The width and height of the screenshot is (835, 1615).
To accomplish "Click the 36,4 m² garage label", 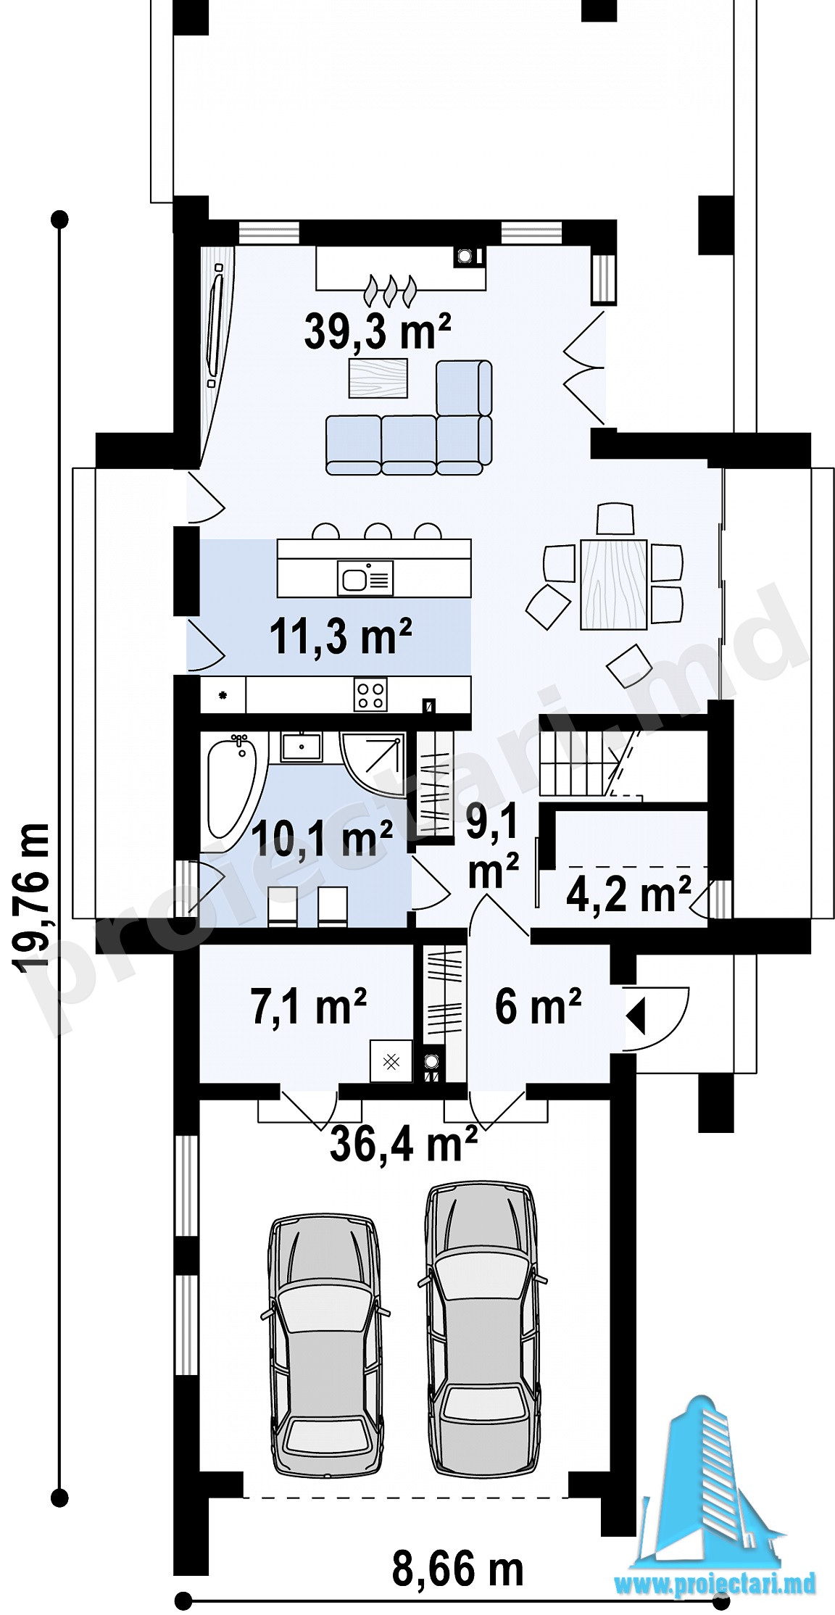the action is tap(403, 1144).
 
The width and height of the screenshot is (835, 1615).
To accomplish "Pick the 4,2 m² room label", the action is tap(628, 895).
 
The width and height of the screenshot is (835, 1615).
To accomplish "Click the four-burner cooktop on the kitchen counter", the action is tap(371, 695).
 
